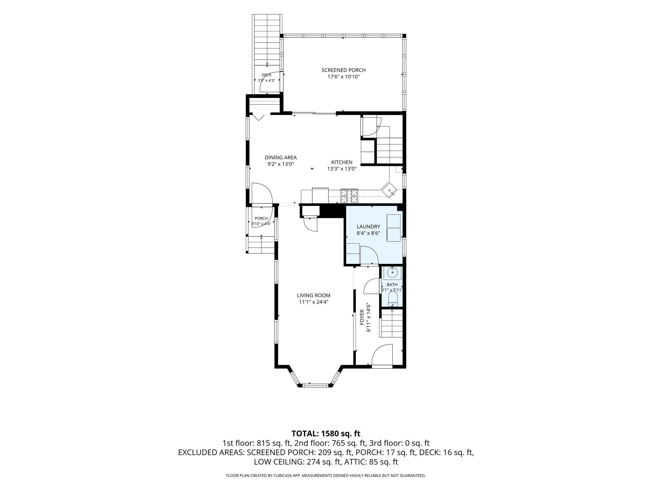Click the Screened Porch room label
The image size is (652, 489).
point(344,70)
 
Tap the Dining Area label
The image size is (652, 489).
point(281,157)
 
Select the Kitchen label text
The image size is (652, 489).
point(342,162)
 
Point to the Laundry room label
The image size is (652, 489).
point(368,227)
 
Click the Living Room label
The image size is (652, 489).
point(314,295)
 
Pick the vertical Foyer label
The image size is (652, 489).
point(362,317)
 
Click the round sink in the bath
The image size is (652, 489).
point(393,273)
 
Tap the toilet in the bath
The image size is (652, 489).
point(393,300)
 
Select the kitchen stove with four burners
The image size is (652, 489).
point(349,196)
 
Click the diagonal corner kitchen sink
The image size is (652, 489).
point(390,190)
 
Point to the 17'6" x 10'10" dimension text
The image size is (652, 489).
point(344,77)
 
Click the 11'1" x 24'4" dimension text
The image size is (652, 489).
point(314,302)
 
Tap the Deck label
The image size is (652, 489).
point(266,75)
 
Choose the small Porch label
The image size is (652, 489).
point(261,218)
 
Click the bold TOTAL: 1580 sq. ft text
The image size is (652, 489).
point(326,433)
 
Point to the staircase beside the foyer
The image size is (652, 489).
point(392,323)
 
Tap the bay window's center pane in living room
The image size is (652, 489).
point(315,386)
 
